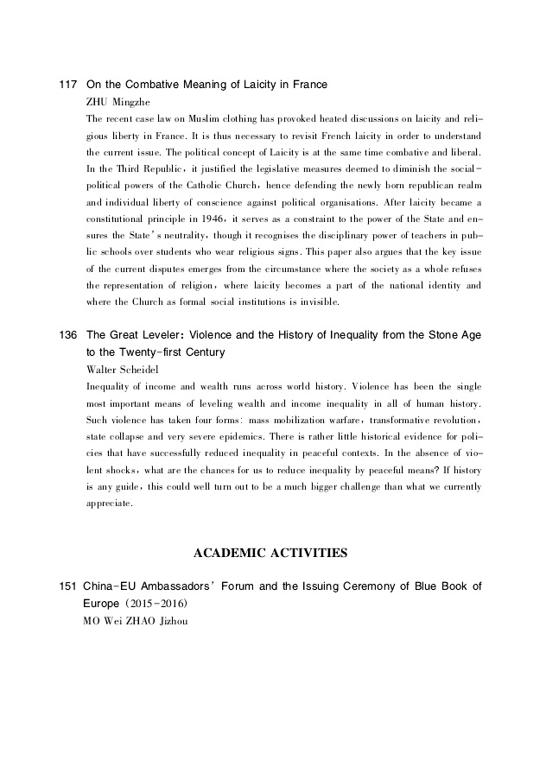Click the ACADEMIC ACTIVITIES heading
click(x=271, y=550)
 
